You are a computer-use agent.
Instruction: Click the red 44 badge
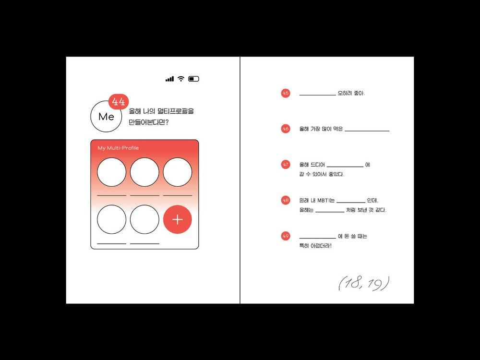(x=119, y=102)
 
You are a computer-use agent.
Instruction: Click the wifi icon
(x=181, y=79)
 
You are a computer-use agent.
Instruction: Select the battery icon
(x=193, y=79)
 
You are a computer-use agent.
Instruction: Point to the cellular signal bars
(x=169, y=79)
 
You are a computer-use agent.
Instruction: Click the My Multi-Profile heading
(x=118, y=148)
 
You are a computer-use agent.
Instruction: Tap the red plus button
(x=178, y=219)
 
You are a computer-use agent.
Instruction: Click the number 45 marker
(x=286, y=93)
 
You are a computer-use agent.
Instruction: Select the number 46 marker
(x=286, y=129)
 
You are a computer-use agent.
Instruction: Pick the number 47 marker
(x=286, y=164)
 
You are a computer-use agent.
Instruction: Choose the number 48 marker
(x=286, y=200)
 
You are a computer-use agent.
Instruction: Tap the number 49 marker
(x=286, y=236)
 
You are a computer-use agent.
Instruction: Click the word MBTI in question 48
(x=324, y=201)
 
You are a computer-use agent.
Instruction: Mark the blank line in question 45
(x=317, y=95)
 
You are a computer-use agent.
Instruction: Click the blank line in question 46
(x=367, y=131)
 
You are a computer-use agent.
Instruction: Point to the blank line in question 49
(x=317, y=238)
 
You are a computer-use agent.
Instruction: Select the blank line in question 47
(x=345, y=167)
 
